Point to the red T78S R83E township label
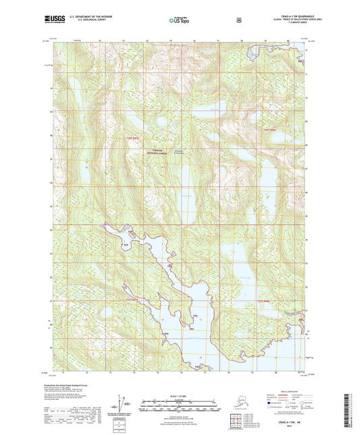tap(269, 128)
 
